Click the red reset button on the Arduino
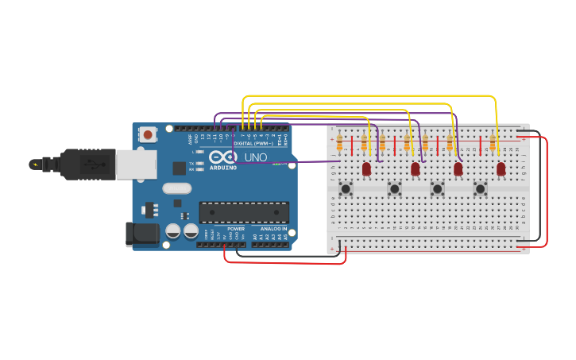[x=148, y=135]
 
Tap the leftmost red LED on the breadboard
[x=366, y=168]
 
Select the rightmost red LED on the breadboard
[x=501, y=168]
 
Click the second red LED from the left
[x=415, y=168]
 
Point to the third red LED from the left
[x=458, y=168]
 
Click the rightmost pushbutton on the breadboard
[x=480, y=188]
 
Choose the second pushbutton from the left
[x=394, y=188]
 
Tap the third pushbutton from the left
[x=437, y=188]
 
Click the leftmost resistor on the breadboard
[x=340, y=143]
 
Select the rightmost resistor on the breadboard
[x=493, y=143]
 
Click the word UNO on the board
[x=256, y=157]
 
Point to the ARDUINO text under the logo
[x=223, y=168]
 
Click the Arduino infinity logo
[x=223, y=157]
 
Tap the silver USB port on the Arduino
[x=136, y=165]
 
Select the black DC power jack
[x=141, y=234]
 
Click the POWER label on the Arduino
[x=236, y=229]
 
